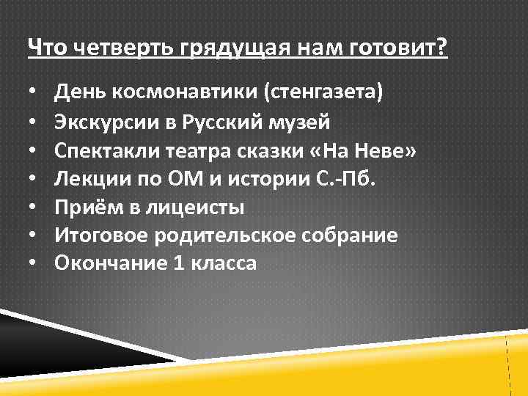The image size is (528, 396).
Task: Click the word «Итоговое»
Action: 96,235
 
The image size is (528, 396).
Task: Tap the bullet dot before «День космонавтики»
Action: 33,94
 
